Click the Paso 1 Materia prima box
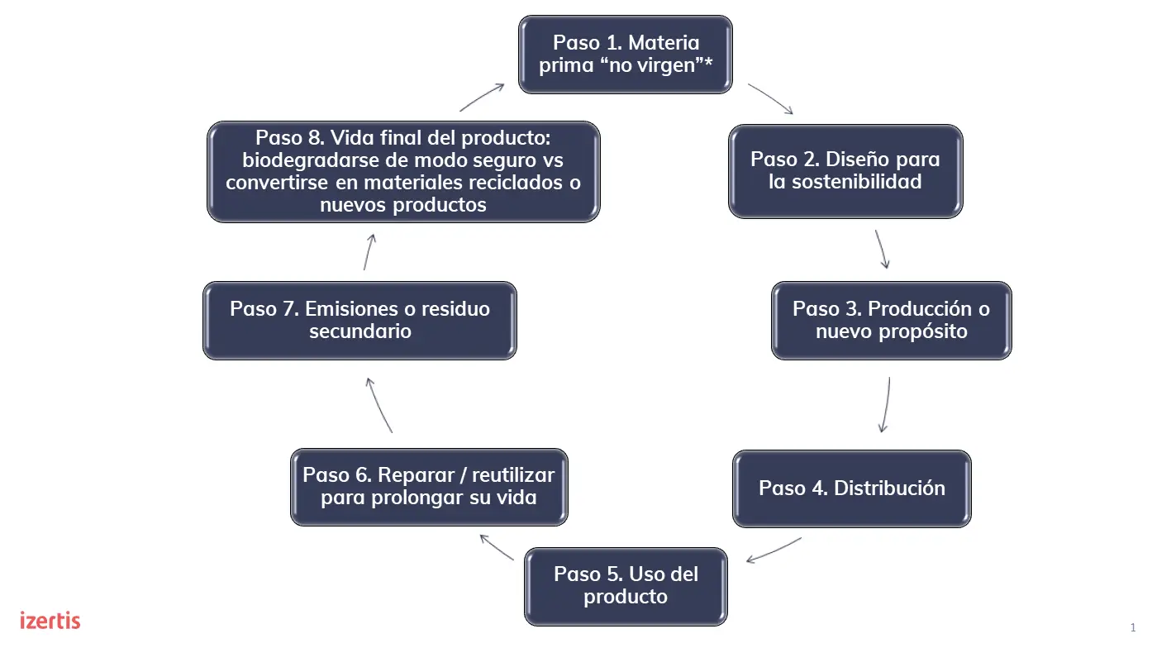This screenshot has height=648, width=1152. click(x=626, y=54)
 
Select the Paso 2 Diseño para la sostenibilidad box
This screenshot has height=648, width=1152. click(x=845, y=171)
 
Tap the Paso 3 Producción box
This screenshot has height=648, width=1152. click(x=891, y=321)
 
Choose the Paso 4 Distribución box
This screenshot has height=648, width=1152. click(x=851, y=488)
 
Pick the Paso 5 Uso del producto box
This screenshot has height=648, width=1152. click(x=626, y=586)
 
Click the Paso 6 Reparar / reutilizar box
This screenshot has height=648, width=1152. click(x=429, y=487)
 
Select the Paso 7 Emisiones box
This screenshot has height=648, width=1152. click(x=359, y=321)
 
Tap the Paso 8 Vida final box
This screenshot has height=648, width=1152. click(x=403, y=172)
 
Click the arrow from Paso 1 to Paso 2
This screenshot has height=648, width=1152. click(x=770, y=98)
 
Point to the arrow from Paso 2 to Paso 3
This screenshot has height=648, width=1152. click(x=882, y=249)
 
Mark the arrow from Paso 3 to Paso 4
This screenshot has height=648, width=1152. click(x=886, y=405)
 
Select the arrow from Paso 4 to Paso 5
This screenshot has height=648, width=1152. click(x=774, y=550)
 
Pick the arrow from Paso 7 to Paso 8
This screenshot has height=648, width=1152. click(x=368, y=251)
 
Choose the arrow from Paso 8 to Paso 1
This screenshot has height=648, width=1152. click(x=482, y=97)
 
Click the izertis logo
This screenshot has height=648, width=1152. click(x=50, y=620)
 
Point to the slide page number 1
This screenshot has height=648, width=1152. click(x=1133, y=627)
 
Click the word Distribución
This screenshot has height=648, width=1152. click(x=889, y=488)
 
